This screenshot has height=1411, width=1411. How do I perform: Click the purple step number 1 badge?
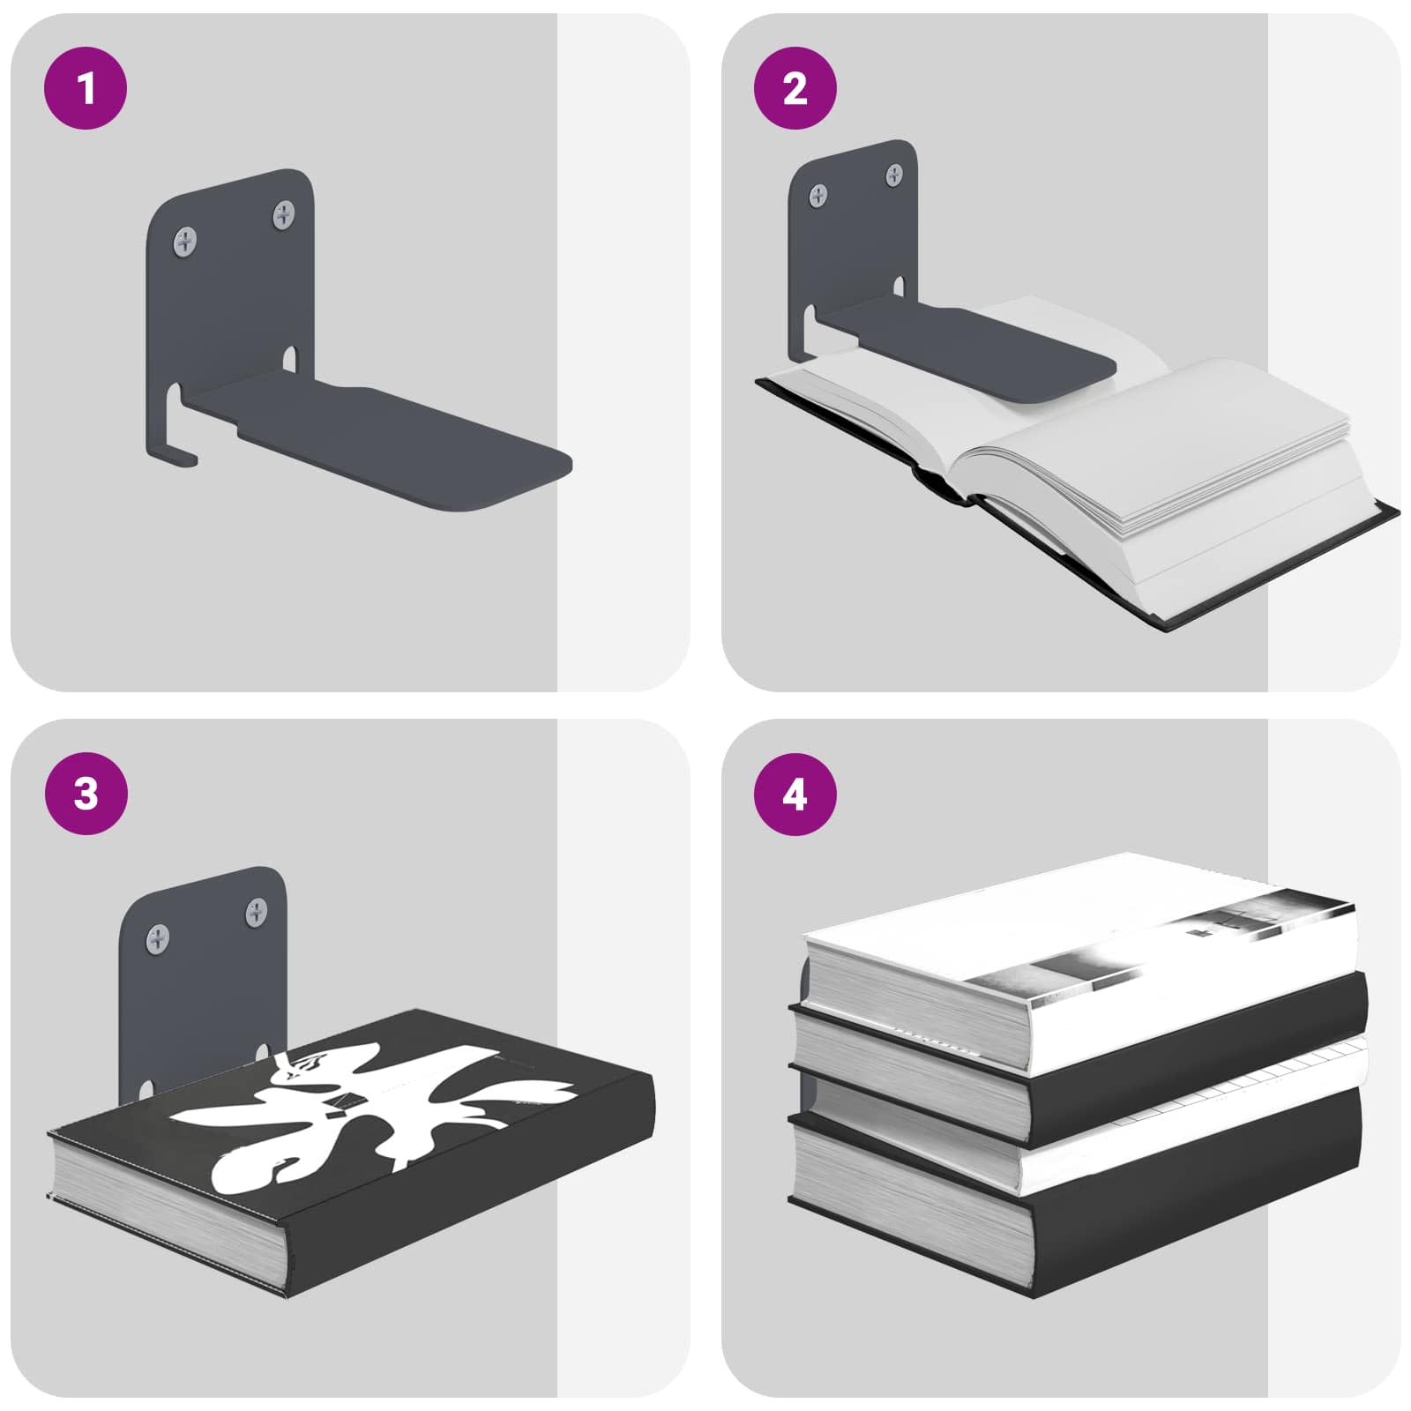tap(86, 88)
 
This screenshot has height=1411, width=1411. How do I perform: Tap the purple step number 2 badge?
tap(795, 88)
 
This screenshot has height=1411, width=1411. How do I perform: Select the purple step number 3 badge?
tap(86, 794)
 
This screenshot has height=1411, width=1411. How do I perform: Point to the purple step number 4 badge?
tap(795, 794)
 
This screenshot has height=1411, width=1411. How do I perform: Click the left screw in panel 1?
tap(185, 241)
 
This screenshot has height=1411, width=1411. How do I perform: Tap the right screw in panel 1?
tap(284, 213)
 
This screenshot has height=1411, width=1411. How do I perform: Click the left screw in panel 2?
tap(819, 195)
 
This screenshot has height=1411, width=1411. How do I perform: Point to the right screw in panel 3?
tap(257, 911)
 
